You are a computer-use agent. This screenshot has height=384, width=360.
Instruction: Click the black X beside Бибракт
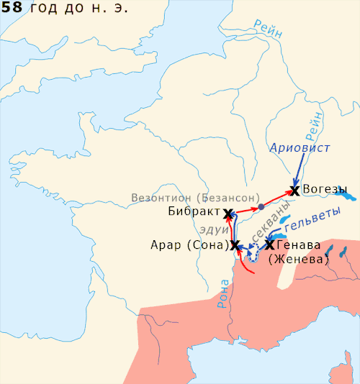click(x=228, y=214)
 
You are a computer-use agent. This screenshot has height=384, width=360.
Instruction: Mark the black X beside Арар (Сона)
click(x=234, y=245)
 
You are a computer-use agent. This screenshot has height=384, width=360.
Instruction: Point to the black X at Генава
click(x=269, y=245)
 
